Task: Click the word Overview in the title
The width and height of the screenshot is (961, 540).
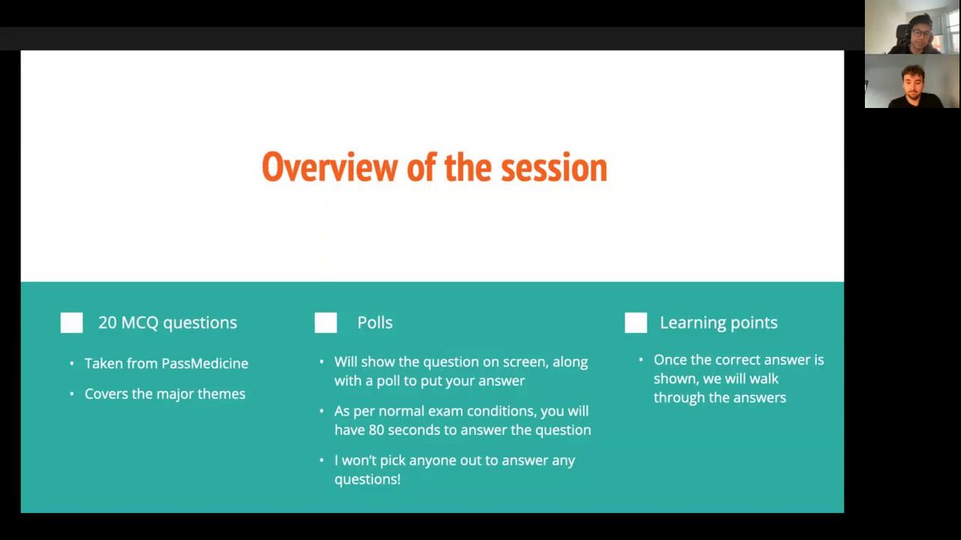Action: pos(330,167)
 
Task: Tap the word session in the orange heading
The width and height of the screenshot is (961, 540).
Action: pos(554,167)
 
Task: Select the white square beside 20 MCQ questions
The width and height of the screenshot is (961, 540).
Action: pos(71,322)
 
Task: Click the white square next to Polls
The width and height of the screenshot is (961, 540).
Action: pos(326,322)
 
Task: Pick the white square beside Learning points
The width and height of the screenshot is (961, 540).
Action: pos(636,322)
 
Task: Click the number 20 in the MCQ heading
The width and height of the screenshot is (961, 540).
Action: pos(107,322)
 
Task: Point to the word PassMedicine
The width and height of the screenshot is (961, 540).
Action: pos(205,363)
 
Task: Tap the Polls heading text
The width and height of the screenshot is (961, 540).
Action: pos(375,322)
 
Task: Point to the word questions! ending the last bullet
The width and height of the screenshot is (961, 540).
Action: pos(368,479)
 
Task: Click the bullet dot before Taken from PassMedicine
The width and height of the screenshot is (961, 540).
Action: pos(71,363)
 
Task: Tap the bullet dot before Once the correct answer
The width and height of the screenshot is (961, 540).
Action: pos(641,359)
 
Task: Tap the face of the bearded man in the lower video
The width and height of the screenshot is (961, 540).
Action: pos(914,82)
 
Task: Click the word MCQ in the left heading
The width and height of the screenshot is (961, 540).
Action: pos(140,322)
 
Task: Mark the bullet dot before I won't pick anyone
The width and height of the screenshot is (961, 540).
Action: pos(322,460)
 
